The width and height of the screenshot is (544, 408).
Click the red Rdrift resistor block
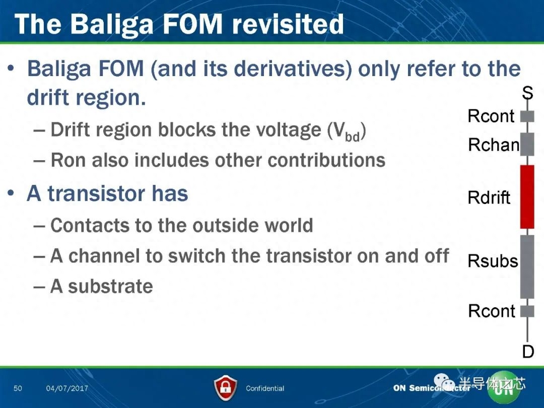pos(527,197)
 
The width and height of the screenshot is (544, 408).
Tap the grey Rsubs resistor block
pos(527,266)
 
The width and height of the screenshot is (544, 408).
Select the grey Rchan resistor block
pos(527,144)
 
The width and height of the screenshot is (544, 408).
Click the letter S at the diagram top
pos(528,93)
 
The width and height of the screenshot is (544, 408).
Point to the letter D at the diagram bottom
pos(528,352)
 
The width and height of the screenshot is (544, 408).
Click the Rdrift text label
pos(489,197)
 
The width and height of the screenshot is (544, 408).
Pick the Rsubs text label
pos(493,261)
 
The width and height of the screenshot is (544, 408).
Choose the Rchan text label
pos(494,145)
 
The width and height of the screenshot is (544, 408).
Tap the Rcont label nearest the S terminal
pos(491,116)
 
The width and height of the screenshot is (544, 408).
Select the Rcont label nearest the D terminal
pos(492,311)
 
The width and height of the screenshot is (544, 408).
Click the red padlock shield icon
pos(226,388)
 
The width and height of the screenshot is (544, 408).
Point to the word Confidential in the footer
pos(265,388)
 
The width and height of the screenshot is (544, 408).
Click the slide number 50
pos(18,388)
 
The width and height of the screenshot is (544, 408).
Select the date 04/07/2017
pos(67,388)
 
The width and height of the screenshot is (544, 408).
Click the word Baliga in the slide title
pos(112,25)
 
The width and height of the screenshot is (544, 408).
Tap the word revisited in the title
pos(288,24)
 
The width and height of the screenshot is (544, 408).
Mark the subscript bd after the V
pos(352,137)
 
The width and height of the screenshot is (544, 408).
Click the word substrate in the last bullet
pos(110,287)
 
